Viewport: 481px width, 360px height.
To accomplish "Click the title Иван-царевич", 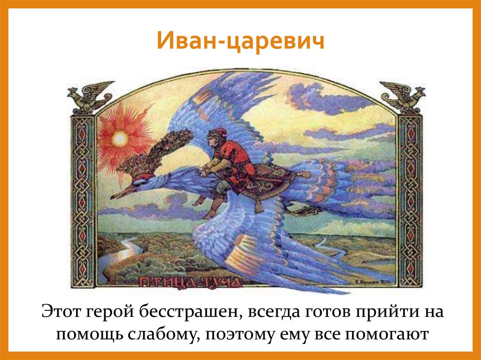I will (x=240, y=41).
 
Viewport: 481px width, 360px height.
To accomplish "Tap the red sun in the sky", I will (x=120, y=138).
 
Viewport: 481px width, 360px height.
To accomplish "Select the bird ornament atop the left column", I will (x=89, y=96).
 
